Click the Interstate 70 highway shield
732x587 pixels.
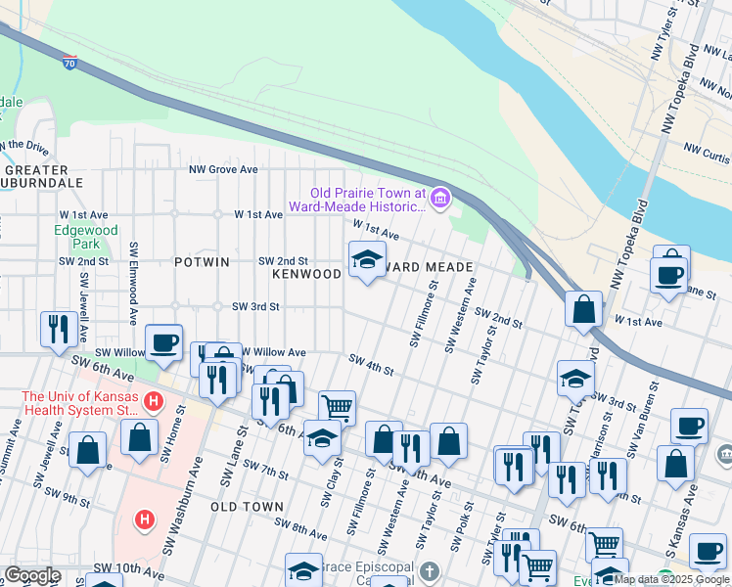(x=69, y=65)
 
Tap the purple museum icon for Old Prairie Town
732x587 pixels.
(x=439, y=200)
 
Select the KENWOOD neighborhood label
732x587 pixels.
(x=306, y=275)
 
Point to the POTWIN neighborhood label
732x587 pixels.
(x=202, y=262)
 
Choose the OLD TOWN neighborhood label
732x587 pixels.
(x=247, y=507)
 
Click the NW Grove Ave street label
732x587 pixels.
(x=223, y=169)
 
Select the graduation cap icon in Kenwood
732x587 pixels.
(x=367, y=259)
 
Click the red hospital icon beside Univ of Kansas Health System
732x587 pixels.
(x=153, y=401)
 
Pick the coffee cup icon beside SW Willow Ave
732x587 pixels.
(x=163, y=341)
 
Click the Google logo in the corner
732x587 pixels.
(x=31, y=575)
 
